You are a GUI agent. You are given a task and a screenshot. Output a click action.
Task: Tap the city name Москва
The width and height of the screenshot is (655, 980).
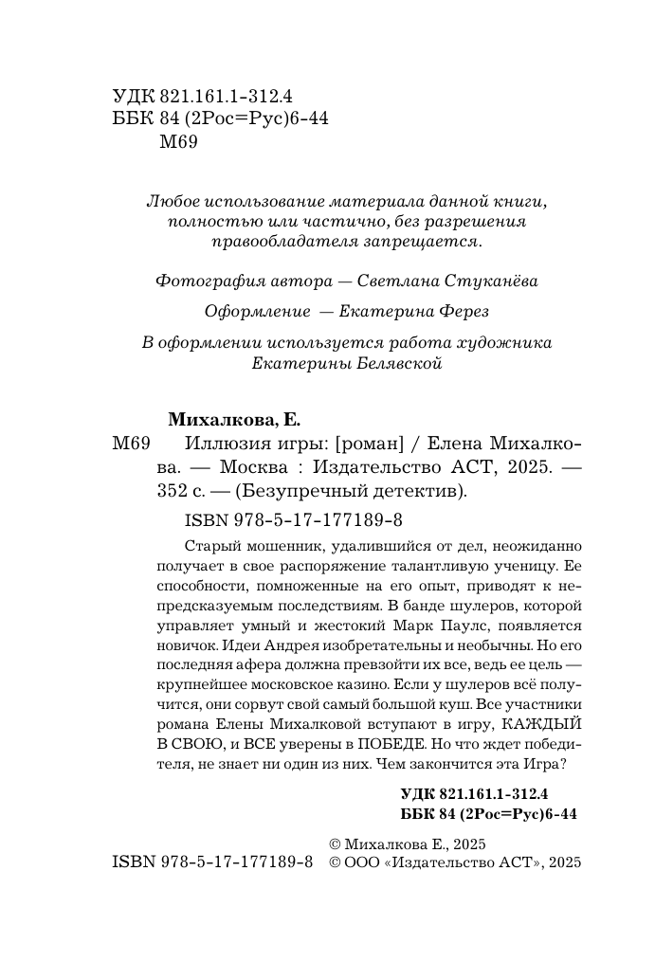[255, 468]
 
